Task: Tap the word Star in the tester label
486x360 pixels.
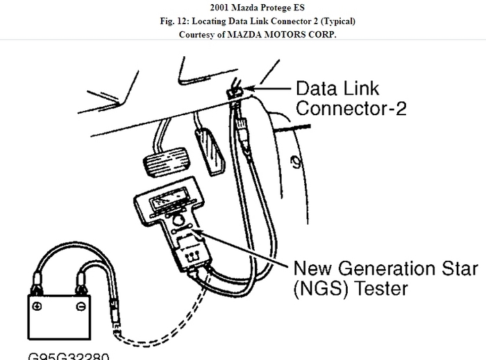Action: point(458,268)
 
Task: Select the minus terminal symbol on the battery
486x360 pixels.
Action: point(81,306)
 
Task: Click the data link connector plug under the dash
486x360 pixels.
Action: point(233,92)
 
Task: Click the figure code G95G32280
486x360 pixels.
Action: point(69,355)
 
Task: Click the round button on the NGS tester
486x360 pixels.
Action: point(179,223)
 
